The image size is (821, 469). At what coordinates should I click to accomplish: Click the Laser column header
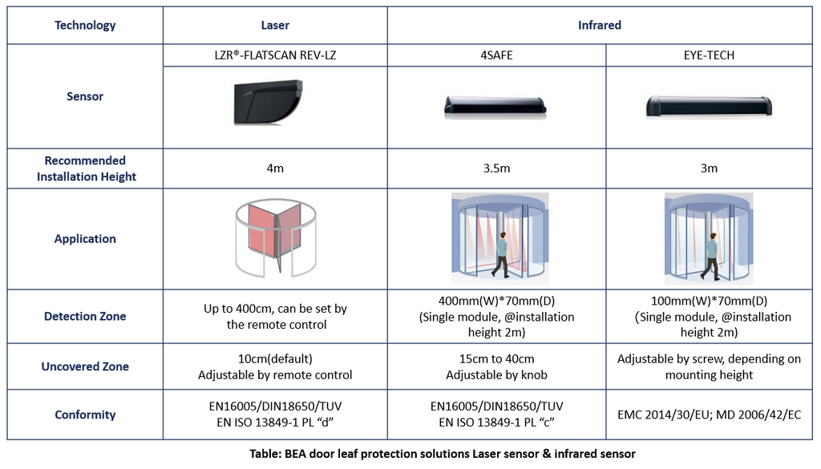[275, 25]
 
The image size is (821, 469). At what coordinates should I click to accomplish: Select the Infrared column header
[599, 25]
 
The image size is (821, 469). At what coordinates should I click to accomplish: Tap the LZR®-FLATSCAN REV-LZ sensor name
[275, 56]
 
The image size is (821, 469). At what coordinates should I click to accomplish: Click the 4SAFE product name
[497, 56]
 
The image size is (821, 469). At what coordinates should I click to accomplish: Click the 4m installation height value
[275, 168]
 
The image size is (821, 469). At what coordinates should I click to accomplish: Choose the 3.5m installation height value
[497, 168]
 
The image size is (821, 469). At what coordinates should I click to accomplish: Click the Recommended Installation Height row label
[86, 168]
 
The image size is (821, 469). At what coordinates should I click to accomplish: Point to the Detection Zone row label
[86, 317]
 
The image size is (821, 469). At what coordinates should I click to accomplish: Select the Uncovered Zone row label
[86, 366]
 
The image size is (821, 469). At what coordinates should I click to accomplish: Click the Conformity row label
[86, 414]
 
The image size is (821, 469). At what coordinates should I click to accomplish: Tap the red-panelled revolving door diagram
[273, 237]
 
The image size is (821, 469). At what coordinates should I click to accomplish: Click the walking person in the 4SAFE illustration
[501, 254]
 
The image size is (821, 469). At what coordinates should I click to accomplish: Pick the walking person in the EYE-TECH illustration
[710, 256]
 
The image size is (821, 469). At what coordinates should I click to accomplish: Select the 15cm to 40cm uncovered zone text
[497, 359]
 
